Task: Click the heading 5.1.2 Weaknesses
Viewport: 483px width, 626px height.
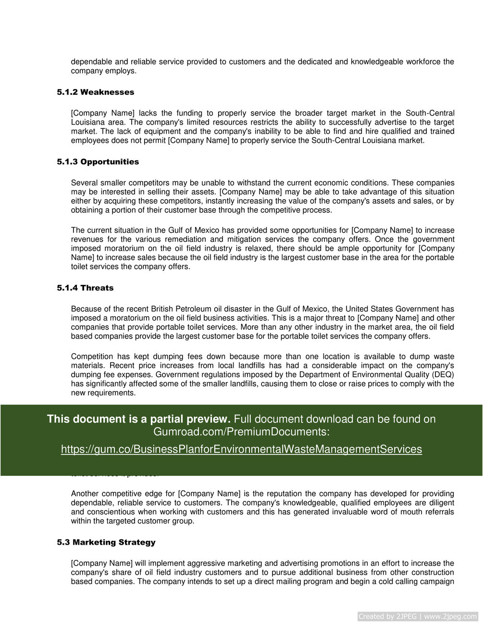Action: click(96, 92)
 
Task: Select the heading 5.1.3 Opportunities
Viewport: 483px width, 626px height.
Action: click(98, 162)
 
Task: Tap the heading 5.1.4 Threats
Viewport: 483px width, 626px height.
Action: click(85, 288)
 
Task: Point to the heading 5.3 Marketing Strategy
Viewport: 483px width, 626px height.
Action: click(106, 542)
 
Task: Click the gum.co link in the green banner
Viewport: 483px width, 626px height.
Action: click(241, 449)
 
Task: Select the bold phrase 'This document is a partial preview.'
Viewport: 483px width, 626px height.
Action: click(138, 419)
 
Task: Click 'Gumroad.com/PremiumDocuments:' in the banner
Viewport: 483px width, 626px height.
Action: click(241, 432)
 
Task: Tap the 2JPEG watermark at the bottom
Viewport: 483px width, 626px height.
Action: click(418, 616)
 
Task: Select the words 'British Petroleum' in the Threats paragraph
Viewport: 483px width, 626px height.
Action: click(180, 309)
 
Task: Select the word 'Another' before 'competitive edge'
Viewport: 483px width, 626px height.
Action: click(85, 494)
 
